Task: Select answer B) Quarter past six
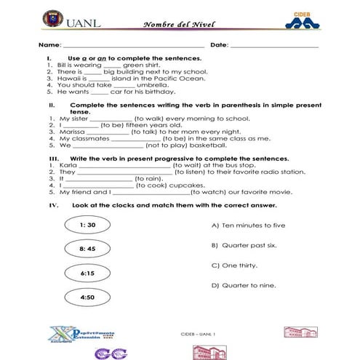tap(247, 245)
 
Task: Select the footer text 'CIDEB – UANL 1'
tap(199, 334)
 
